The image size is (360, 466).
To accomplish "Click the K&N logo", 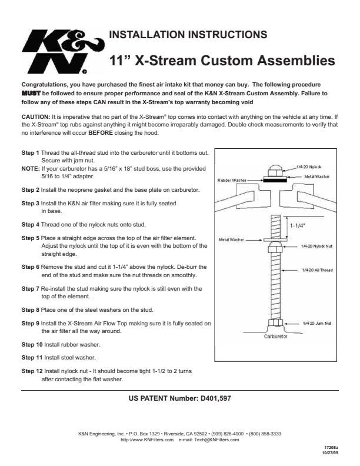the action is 63,51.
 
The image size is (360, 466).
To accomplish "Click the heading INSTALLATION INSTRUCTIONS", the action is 188,35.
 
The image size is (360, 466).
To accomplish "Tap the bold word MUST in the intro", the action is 31,94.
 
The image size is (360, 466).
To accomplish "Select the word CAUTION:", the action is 36,117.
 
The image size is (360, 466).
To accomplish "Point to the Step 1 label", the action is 31,153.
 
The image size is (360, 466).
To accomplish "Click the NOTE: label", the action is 31,168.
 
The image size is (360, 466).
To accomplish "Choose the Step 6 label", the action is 31,267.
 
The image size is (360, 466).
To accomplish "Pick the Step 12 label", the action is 32,371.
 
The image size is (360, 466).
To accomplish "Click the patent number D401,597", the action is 216,398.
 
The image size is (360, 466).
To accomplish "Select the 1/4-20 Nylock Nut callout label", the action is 316,247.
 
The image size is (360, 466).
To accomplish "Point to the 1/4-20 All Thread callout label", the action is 317,270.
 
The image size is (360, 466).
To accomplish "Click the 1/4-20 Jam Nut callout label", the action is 317,324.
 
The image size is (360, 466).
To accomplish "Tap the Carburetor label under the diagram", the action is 276,337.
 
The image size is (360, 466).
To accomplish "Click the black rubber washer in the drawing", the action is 275,180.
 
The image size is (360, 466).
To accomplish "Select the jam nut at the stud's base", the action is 275,323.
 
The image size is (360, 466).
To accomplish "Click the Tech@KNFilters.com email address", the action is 216,440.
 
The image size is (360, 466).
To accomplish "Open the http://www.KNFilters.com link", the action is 147,440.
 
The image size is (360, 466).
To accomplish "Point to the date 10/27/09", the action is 331,453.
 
